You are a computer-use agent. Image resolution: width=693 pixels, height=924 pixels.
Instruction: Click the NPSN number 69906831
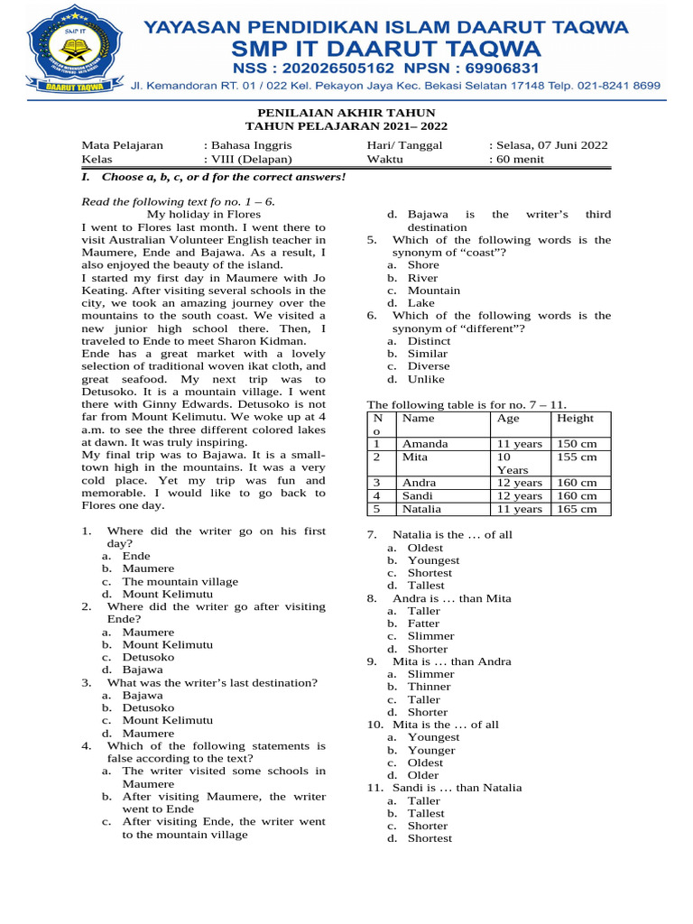point(493,69)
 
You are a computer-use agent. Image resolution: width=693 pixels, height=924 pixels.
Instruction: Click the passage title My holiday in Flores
point(204,215)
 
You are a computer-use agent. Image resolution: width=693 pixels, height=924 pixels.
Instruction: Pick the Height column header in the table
point(576,419)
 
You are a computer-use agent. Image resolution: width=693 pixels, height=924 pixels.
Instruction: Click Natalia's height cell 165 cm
point(577,509)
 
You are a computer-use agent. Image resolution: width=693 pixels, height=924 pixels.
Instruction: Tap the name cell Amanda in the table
point(424,444)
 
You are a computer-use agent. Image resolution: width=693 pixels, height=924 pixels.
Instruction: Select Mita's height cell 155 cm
point(577,457)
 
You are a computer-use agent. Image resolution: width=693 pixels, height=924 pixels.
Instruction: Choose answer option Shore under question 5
point(423,265)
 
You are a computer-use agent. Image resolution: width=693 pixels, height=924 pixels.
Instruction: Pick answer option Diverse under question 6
point(428,366)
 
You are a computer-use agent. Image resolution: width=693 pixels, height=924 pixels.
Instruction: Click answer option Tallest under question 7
point(427,586)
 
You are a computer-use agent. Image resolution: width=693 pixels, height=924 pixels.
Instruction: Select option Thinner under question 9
point(429,687)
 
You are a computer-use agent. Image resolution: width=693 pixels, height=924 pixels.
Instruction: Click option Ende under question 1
point(136,557)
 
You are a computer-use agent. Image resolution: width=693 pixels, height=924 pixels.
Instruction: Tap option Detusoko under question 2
point(148,658)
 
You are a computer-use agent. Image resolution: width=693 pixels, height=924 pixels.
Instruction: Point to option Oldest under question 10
point(425,762)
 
